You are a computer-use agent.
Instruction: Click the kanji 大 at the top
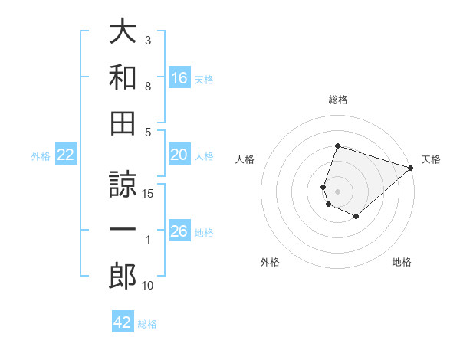point(123,32)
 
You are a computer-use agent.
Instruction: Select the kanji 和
point(123,78)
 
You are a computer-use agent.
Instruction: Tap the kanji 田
point(123,124)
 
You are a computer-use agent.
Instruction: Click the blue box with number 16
point(179,77)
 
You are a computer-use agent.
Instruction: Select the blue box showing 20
point(179,155)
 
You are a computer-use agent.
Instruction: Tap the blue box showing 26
point(179,232)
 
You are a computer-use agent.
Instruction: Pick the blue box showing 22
point(66,155)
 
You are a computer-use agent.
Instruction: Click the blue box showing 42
point(123,322)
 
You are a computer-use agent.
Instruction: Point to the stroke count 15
point(149,194)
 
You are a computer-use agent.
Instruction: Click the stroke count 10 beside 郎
point(149,286)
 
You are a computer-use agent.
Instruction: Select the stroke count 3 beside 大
point(148,40)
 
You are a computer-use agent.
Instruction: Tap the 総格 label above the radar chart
point(337,100)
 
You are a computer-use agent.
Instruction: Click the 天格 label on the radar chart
point(431,159)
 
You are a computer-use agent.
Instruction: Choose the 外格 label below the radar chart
point(269,262)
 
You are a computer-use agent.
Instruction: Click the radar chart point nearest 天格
point(412,168)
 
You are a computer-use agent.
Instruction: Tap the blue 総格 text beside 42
point(147,324)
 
